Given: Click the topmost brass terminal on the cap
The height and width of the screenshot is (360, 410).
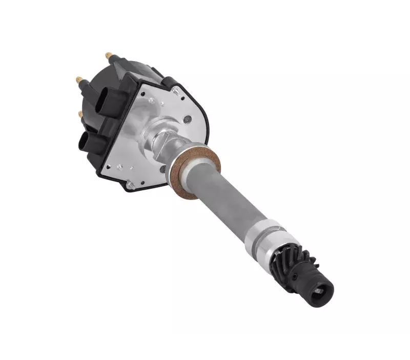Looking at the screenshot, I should [x=109, y=54].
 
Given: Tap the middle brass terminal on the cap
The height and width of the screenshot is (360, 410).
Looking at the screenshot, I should [x=79, y=79].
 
